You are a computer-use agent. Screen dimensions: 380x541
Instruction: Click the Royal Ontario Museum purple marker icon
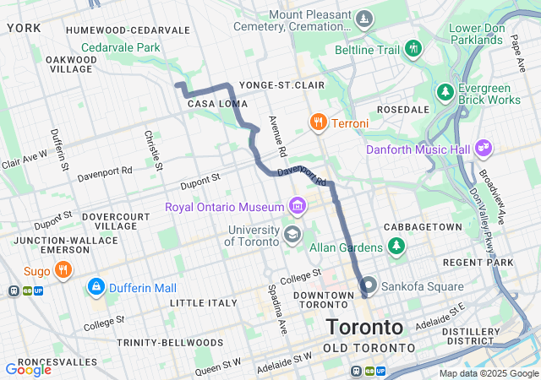pos(297,206)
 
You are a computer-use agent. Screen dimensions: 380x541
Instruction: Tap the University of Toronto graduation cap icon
pos(292,234)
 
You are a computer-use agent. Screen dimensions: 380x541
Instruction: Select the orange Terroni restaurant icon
pos(318,123)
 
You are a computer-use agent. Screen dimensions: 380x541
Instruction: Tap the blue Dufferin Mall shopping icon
pos(96,287)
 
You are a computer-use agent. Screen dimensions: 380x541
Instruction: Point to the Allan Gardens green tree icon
pos(395,246)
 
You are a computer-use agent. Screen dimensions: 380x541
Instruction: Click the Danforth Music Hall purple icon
pos(484,149)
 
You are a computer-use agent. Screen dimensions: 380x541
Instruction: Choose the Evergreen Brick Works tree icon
pos(445,90)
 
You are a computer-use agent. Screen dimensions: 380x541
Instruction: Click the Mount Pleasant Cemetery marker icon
pos(363,19)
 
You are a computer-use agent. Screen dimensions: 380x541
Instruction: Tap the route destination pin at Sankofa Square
pos(369,285)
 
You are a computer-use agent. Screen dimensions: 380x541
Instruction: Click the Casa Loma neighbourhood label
pos(210,103)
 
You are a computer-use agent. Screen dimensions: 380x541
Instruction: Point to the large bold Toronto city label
pos(364,327)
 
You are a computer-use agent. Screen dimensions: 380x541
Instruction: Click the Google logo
pos(28,369)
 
